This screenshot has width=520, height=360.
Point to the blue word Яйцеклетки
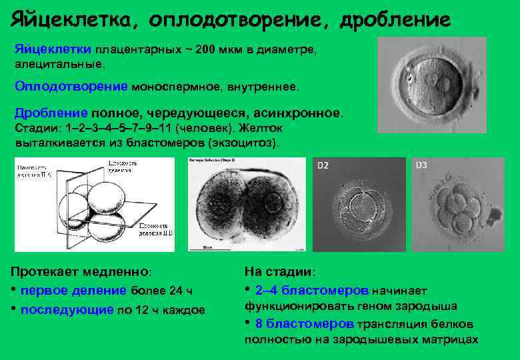pos(53,50)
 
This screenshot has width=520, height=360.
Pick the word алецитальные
pos(59,65)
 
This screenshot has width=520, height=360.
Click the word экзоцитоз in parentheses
pos(243,143)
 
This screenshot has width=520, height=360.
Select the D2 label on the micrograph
pos(323,165)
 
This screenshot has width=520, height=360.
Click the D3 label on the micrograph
pos(421,165)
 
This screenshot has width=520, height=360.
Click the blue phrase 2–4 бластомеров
pos(311,291)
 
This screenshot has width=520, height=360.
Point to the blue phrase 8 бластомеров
pos(304,324)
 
